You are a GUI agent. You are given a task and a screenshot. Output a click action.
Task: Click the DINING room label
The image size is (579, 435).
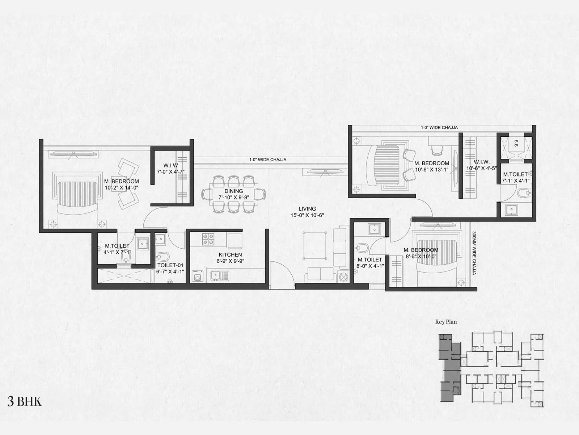point(233,191)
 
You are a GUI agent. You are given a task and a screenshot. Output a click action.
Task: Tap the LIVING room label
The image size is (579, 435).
point(307,209)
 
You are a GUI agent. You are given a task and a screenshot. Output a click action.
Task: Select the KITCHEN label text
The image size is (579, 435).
point(230,255)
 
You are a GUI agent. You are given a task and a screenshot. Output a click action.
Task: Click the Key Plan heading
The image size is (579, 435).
point(446,322)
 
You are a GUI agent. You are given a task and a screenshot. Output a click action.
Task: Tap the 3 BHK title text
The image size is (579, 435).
point(25,402)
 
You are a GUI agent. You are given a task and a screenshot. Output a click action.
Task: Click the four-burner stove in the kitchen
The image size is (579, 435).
point(208,239)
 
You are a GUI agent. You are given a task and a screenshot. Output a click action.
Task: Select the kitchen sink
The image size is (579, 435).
point(220,276)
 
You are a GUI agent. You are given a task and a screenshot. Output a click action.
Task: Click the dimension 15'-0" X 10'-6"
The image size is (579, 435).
point(307,215)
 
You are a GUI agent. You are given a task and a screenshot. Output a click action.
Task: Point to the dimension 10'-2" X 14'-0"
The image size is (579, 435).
point(122,188)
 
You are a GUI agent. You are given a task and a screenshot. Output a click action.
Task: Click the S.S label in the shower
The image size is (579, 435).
point(516,142)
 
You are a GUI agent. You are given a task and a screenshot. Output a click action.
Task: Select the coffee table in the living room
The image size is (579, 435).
point(314,245)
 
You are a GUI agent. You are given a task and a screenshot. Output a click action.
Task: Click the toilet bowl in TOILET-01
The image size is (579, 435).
point(164,257)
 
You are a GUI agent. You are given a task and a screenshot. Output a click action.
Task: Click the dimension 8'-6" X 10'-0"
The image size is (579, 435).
point(421,256)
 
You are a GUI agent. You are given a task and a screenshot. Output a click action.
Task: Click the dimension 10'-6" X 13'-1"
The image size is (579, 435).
point(432,170)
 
